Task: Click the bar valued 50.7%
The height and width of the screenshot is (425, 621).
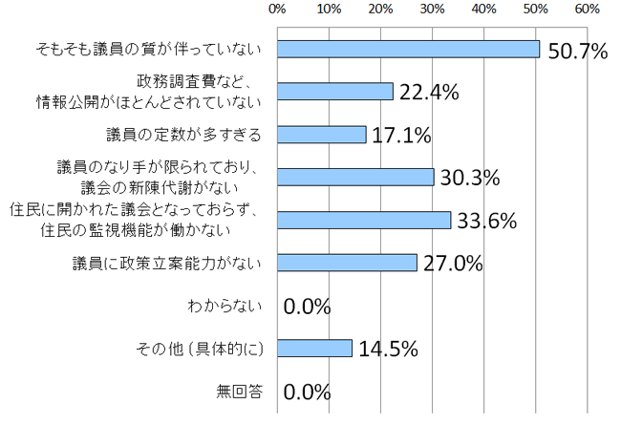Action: (409, 49)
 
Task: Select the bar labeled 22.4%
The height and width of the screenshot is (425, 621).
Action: (335, 91)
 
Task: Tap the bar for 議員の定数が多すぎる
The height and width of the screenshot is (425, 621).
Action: (322, 134)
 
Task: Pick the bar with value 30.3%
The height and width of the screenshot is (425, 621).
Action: (355, 177)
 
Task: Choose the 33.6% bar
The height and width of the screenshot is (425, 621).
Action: (364, 220)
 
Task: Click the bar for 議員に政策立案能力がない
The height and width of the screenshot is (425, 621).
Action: (347, 263)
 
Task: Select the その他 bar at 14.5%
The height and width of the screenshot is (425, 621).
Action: (315, 348)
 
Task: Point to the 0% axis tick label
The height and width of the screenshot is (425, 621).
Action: (278, 10)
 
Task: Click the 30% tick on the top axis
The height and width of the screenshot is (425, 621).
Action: (432, 10)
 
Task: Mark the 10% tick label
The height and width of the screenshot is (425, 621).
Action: (330, 10)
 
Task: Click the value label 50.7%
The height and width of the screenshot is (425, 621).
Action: (578, 51)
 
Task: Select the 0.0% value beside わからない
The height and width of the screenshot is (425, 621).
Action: (308, 307)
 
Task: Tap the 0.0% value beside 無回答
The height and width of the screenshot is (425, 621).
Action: (308, 392)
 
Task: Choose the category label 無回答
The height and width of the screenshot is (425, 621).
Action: (242, 391)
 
